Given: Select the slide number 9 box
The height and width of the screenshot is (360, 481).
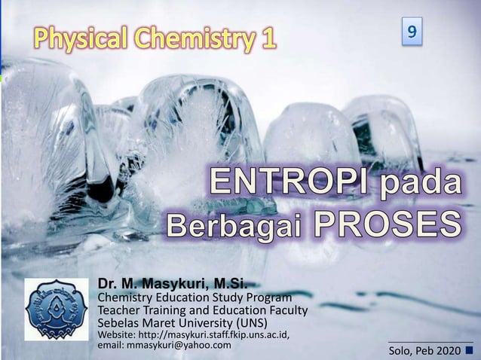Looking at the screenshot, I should click(x=412, y=32).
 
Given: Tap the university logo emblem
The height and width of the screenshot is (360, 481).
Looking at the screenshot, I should click(x=56, y=309).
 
